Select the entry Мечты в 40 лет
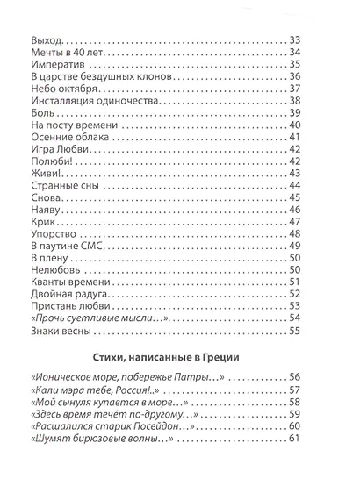65,55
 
